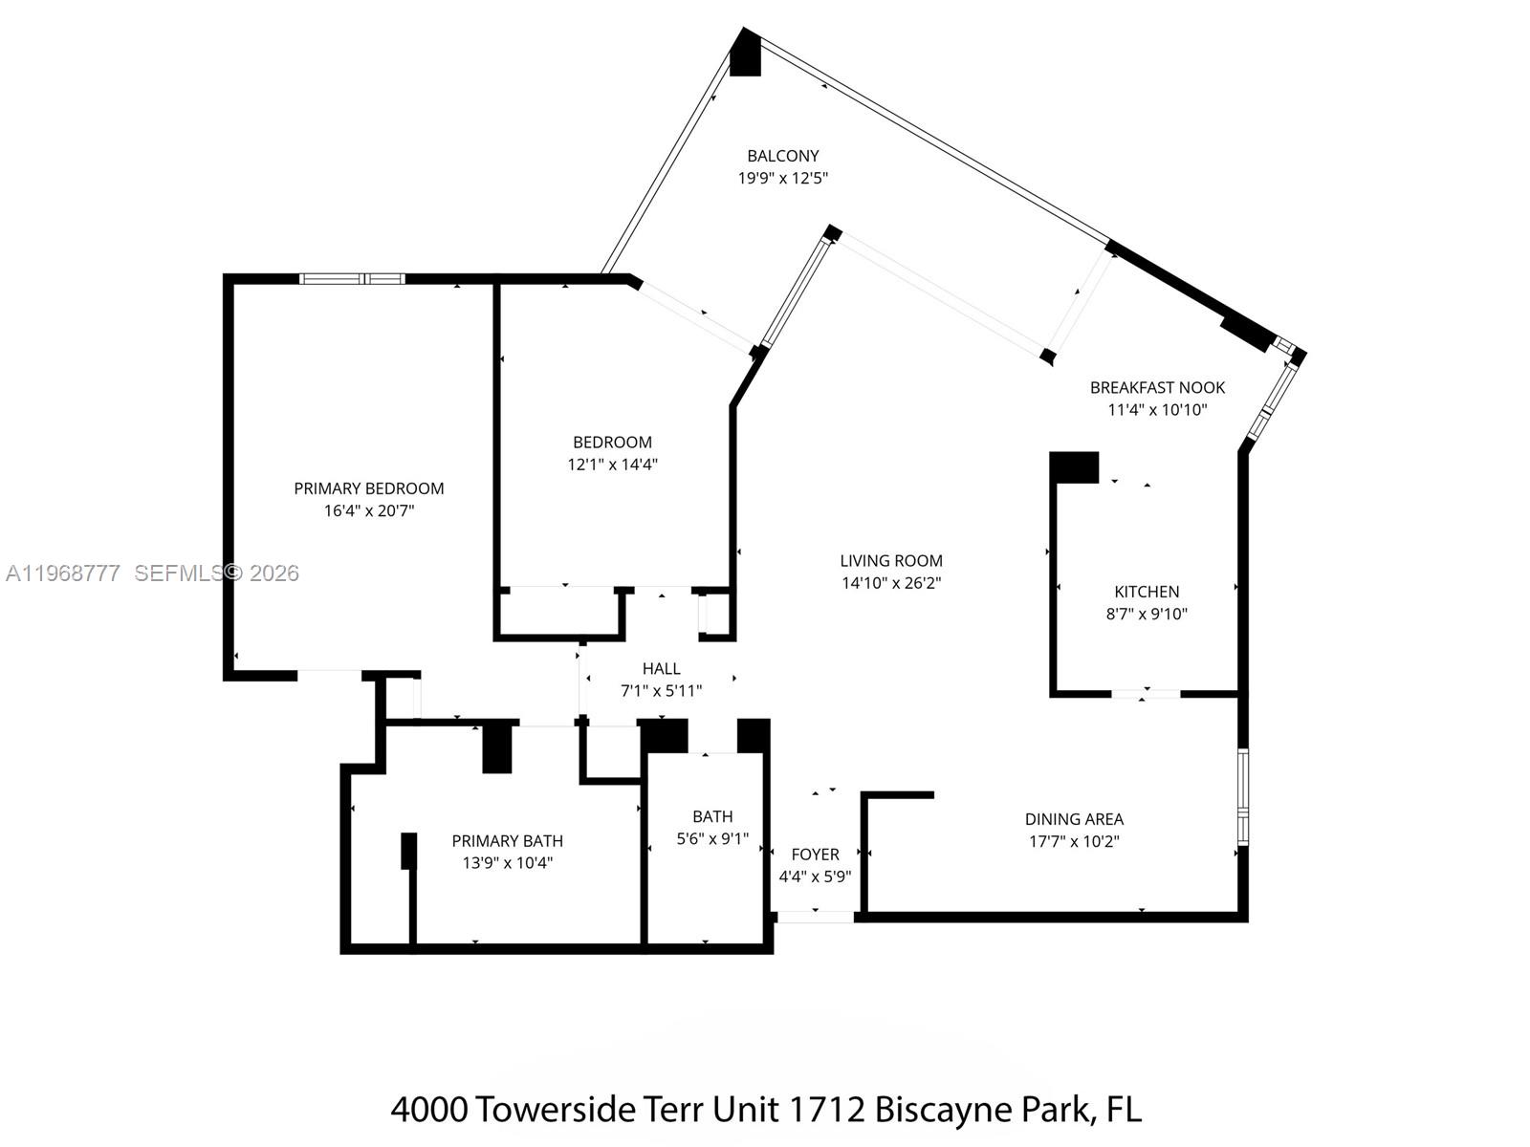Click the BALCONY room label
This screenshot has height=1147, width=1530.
coord(782,156)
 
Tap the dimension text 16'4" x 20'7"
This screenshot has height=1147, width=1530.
coord(368,511)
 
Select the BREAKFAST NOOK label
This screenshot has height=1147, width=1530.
coord(1157,387)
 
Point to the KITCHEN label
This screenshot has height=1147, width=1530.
coord(1147,592)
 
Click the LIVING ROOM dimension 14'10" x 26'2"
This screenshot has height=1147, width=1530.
coord(891,583)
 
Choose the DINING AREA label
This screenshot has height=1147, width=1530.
coord(1074,819)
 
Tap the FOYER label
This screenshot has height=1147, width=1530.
coord(815,855)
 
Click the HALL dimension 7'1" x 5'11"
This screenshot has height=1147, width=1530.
coord(661,691)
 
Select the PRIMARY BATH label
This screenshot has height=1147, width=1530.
coord(507,841)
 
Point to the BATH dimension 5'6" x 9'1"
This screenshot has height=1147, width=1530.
coord(712,839)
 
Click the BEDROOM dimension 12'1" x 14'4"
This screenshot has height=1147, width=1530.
coord(612,465)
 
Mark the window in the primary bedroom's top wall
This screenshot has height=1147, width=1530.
coord(352,279)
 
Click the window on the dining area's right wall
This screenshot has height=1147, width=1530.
coord(1242,797)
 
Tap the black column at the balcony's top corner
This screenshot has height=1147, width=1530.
coord(745,54)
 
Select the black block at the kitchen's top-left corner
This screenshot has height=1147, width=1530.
coord(1074,467)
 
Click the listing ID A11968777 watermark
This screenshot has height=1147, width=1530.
coord(63,573)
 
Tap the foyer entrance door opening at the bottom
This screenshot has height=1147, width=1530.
coord(814,917)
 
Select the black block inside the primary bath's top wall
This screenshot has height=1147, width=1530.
coord(497,748)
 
